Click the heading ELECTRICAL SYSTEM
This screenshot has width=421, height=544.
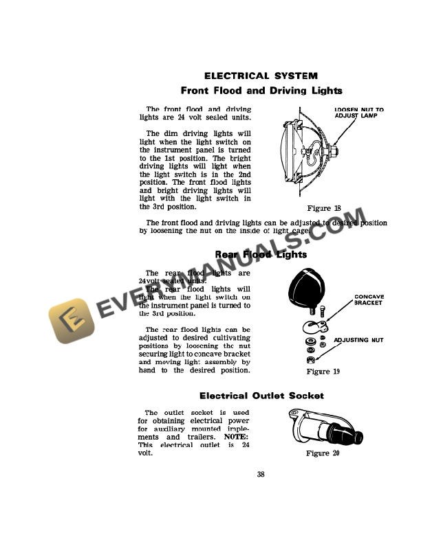click(261, 76)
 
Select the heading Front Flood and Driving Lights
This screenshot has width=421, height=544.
click(261, 91)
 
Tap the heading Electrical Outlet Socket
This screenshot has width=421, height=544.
click(261, 396)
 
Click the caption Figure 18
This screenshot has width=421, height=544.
click(323, 208)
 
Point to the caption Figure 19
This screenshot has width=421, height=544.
click(323, 372)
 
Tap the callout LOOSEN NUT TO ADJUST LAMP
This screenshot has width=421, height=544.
click(358, 113)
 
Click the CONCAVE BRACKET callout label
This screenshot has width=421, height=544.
click(369, 299)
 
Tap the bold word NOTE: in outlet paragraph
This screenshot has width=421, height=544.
click(237, 437)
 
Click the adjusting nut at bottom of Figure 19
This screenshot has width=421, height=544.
click(310, 360)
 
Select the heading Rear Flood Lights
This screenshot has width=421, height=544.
click(261, 255)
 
